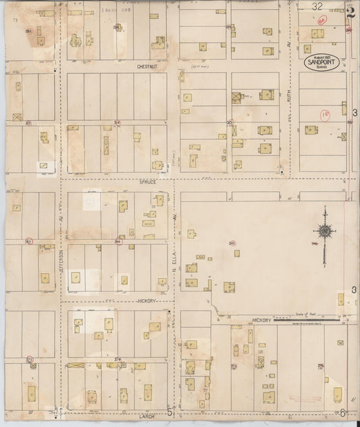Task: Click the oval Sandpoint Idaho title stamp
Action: click(x=320, y=61)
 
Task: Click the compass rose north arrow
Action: click(x=325, y=232)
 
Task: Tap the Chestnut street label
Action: click(x=147, y=67)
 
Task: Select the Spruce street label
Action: click(x=147, y=181)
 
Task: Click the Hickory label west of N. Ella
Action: click(x=146, y=300)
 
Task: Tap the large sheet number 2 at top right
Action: click(x=350, y=9)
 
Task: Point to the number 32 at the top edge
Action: click(x=317, y=6)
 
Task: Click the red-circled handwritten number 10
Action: click(x=325, y=116)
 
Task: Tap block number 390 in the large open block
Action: click(x=232, y=244)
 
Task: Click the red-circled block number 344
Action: click(x=118, y=241)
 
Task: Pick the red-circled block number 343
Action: click(x=28, y=241)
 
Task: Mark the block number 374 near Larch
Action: click(x=118, y=359)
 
